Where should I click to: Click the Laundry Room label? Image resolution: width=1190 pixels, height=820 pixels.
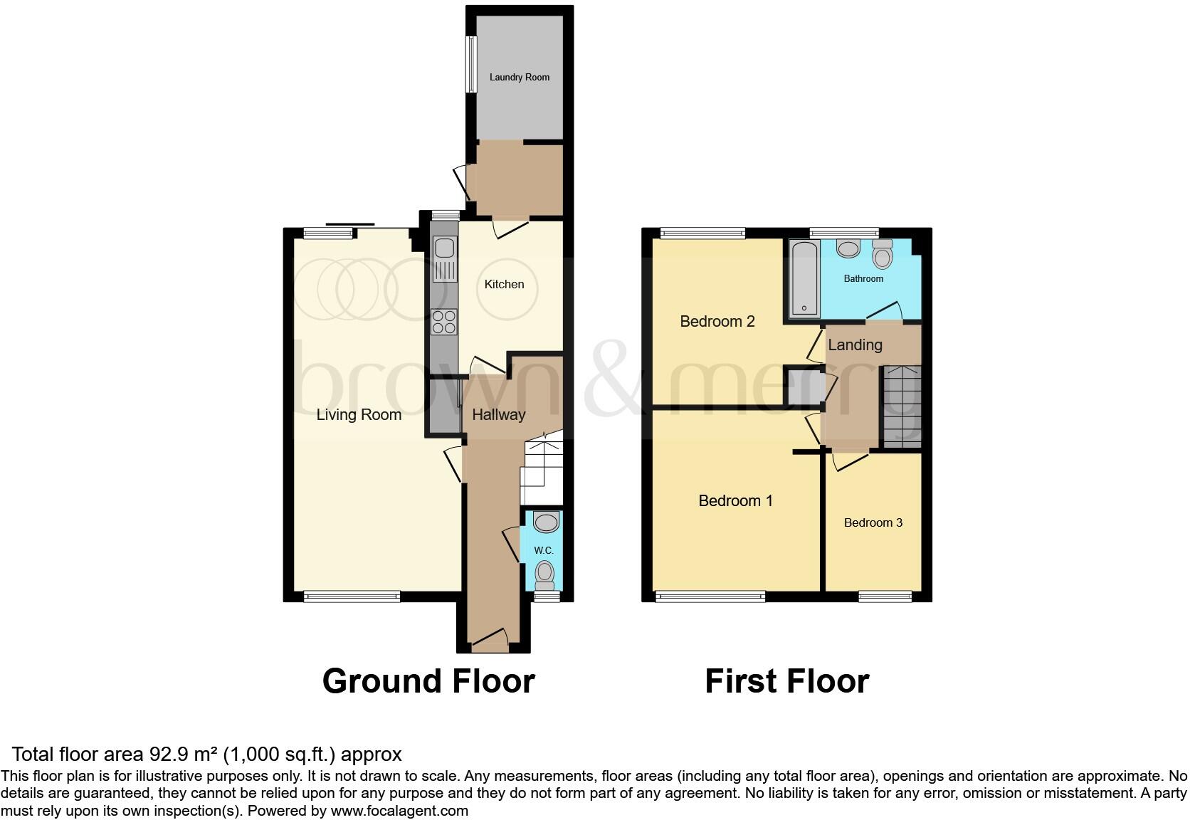[x=519, y=77]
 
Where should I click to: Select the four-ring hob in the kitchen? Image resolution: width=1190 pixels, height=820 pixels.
[x=444, y=322]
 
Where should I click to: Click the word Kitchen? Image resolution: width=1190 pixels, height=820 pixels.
[x=504, y=284]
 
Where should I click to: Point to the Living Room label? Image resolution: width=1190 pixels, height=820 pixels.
[x=359, y=414]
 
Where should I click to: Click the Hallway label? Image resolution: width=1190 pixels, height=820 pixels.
[x=498, y=414]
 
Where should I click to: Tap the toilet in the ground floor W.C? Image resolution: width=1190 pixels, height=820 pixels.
[x=545, y=573]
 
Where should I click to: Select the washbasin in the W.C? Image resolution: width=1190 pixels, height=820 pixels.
[x=546, y=523]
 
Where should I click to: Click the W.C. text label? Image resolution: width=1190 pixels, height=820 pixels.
[x=544, y=550]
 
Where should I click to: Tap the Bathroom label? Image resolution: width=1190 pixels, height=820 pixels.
[x=863, y=278]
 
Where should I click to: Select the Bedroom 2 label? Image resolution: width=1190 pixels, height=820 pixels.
[x=717, y=321]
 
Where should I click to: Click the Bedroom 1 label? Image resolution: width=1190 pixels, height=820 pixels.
[x=735, y=500]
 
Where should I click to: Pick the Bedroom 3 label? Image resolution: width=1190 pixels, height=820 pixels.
[x=873, y=522]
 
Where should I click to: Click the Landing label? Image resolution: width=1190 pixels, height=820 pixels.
[x=855, y=345]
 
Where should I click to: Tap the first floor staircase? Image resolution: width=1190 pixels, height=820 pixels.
[x=902, y=406]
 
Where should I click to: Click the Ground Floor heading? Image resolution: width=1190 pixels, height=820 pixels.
[x=428, y=681]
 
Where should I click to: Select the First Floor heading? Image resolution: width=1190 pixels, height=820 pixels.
[x=786, y=681]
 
